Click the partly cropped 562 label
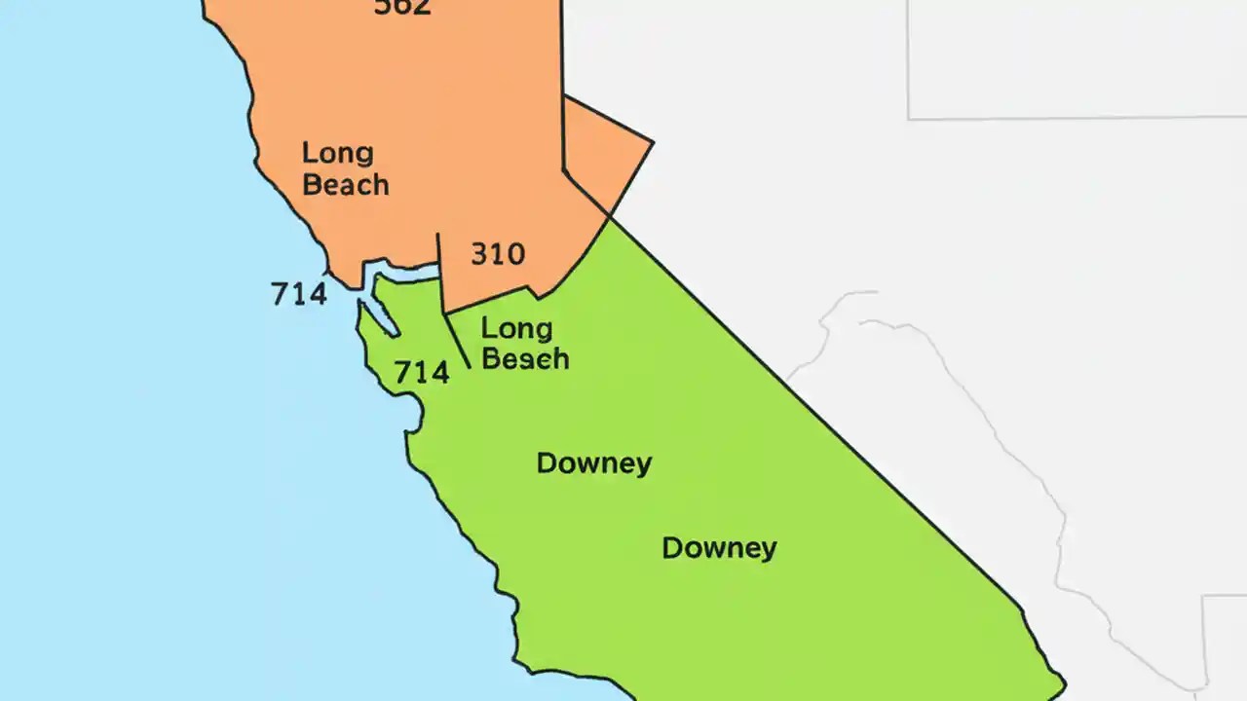(x=402, y=8)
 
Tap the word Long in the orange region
(x=337, y=153)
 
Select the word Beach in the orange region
(x=346, y=184)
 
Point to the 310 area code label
(x=498, y=254)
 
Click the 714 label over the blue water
(x=299, y=293)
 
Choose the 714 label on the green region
(x=421, y=372)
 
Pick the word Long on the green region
(x=516, y=329)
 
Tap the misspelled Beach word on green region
(x=525, y=358)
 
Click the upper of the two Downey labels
(x=593, y=463)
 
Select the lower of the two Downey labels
(x=719, y=548)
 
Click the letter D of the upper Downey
(x=546, y=463)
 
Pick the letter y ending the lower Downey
(x=769, y=551)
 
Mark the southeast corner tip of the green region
(x=1063, y=682)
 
